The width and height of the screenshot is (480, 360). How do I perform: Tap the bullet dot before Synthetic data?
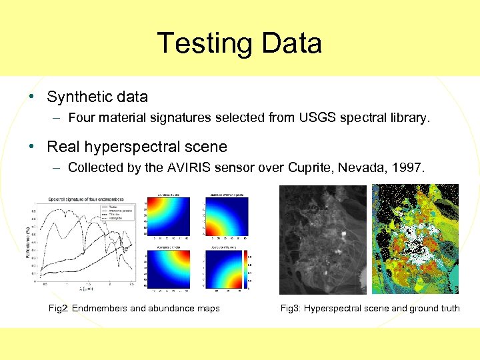31,97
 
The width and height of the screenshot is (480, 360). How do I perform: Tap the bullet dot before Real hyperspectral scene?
31,147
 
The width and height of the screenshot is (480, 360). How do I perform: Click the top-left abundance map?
164,217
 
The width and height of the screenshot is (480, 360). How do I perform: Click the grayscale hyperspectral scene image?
323,239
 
